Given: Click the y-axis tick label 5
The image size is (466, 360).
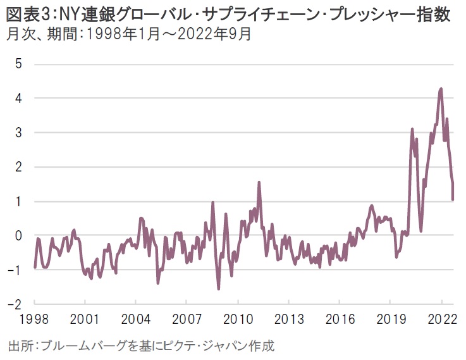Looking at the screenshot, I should pos(18,64).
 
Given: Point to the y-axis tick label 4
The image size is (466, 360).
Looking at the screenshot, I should pos(18,98).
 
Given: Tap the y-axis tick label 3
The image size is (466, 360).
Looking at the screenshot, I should pos(18,132).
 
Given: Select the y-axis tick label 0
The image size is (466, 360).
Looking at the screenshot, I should pos(18,235).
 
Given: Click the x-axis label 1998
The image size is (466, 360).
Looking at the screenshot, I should pos(32,318).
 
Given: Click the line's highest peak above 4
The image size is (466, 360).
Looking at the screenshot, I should pos(441,89).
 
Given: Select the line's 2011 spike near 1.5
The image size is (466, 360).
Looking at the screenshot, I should pos(259,182).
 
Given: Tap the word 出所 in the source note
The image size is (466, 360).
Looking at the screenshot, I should pos(20,346).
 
